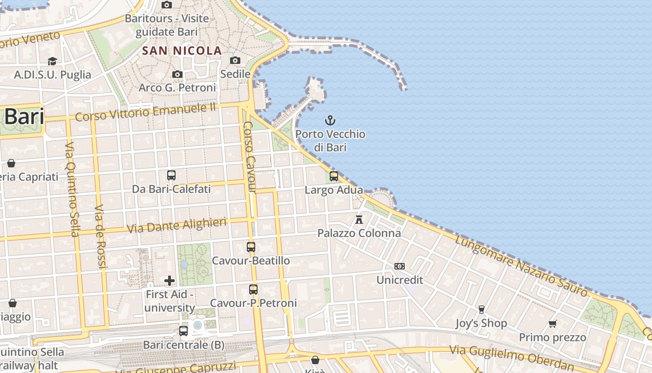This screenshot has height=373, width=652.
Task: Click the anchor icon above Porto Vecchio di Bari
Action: coord(330,120)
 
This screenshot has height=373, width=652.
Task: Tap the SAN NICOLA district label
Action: coord(182,50)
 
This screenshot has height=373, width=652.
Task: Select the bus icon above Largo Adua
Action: coord(334,176)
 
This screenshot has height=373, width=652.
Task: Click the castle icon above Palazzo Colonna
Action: coord(359,219)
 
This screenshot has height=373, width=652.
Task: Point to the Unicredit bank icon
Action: coord(400,266)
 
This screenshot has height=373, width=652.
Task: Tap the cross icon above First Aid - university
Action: coord(170,280)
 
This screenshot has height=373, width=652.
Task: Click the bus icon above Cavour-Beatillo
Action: coord(251,247)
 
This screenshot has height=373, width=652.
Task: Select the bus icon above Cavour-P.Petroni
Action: coord(253,290)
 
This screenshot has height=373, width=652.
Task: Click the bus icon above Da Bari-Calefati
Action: coord(171,175)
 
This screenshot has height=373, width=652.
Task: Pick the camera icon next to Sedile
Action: coord(235,60)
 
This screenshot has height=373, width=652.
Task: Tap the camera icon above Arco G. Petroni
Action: coord(177,74)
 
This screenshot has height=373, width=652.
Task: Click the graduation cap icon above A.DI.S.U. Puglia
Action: coord(52,61)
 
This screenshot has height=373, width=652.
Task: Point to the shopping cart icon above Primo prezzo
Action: coord(553,324)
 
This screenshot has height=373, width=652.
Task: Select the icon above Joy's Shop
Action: coord(481,309)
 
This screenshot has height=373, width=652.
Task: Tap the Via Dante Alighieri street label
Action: coord(177,225)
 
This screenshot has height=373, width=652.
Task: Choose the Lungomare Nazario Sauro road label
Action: coord(521,266)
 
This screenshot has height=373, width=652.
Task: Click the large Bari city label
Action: coord(24,117)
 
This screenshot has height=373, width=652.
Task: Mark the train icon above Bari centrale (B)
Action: coord(183,331)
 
